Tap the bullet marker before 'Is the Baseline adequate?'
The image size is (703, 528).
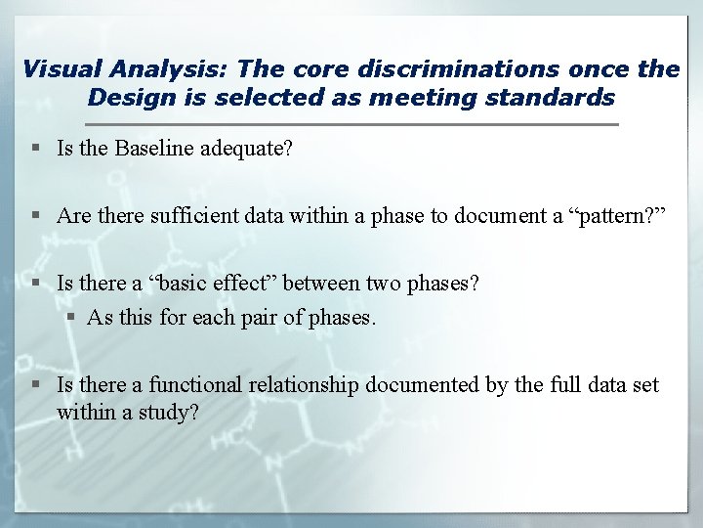[36, 149]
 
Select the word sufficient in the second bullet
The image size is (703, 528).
[190, 215]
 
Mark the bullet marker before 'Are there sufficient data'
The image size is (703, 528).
[36, 215]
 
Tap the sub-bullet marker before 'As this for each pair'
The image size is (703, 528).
[72, 317]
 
